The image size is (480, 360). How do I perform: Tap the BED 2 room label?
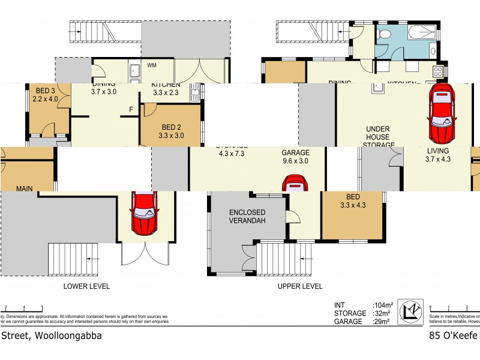[x=172, y=127]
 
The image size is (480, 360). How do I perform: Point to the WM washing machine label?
[x=152, y=65]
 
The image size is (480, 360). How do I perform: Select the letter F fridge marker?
[x=131, y=109]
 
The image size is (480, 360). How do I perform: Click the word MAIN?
[x=25, y=188]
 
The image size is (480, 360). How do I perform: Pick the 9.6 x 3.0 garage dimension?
[x=296, y=161]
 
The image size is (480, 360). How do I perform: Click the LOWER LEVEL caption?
[x=86, y=287]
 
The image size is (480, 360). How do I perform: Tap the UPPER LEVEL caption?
[x=299, y=287]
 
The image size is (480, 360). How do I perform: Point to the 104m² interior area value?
[x=382, y=305]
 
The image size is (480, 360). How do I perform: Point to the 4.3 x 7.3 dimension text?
[x=232, y=153]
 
